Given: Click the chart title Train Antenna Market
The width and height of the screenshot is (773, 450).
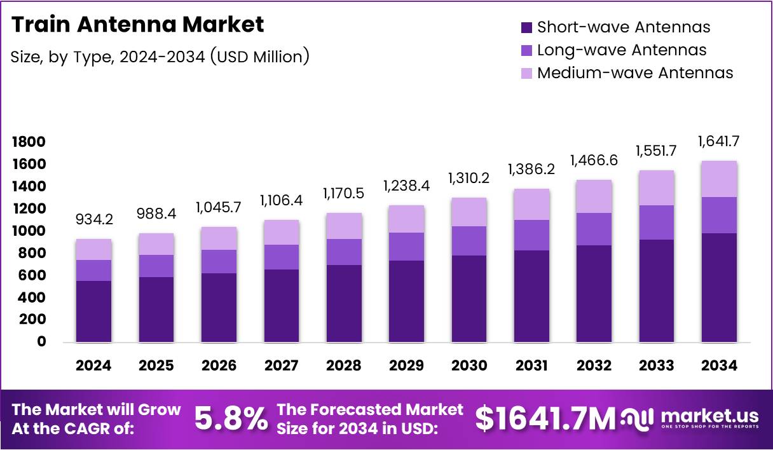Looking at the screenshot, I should pyautogui.click(x=137, y=25).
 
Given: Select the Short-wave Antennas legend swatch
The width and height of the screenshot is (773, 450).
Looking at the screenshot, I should pyautogui.click(x=526, y=27).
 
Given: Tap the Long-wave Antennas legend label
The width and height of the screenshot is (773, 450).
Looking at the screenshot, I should pyautogui.click(x=621, y=50).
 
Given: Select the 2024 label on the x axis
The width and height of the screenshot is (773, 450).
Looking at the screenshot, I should pyautogui.click(x=93, y=365).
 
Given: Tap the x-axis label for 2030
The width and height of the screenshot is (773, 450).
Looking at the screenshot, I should pyautogui.click(x=469, y=365).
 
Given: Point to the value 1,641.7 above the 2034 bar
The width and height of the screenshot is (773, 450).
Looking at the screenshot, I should pyautogui.click(x=719, y=141).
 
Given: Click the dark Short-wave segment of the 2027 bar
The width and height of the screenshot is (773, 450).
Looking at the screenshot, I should pyautogui.click(x=281, y=306).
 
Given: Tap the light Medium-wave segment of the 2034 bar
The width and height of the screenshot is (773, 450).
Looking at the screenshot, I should pyautogui.click(x=719, y=179).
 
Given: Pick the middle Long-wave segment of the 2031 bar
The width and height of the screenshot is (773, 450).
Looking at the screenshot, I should pyautogui.click(x=531, y=235).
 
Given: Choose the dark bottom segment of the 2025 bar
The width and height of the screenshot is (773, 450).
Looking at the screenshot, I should pyautogui.click(x=156, y=310).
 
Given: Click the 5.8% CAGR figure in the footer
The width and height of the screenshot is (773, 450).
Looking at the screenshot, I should pyautogui.click(x=230, y=419).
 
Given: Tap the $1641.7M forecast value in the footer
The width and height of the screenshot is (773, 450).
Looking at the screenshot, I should pyautogui.click(x=545, y=419).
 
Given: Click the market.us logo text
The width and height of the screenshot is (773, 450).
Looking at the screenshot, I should pyautogui.click(x=709, y=416).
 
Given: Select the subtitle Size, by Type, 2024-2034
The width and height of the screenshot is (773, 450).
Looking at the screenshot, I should pyautogui.click(x=160, y=57).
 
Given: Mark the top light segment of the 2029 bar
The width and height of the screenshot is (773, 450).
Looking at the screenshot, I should pyautogui.click(x=406, y=219).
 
